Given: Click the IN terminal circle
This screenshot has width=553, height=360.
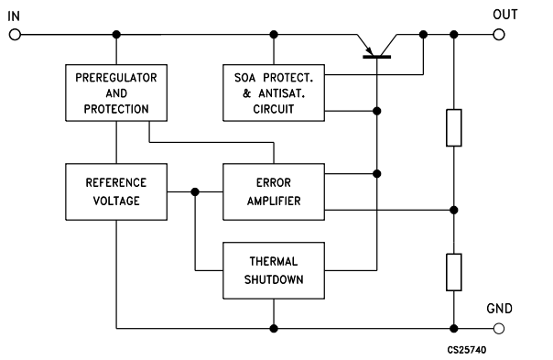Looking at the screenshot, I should click(x=15, y=35).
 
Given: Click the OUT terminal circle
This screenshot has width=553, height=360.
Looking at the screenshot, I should click(x=499, y=35).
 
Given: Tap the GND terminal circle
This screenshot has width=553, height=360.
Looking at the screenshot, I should click(x=499, y=328).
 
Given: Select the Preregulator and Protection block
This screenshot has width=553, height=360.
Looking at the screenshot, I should click(x=116, y=92).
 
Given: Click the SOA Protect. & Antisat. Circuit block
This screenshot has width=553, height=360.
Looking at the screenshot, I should click(x=274, y=93).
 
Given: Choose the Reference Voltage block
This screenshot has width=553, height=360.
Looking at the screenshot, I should click(x=116, y=191).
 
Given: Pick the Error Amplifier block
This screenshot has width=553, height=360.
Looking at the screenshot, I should click(x=274, y=191).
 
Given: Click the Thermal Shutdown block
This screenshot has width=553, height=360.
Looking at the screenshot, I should click(x=274, y=270).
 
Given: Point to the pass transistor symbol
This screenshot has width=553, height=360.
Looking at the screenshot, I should click(x=376, y=46).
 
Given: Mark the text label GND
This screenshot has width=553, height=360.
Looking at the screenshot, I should click(x=499, y=308).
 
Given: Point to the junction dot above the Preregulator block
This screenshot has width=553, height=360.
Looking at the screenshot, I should click(x=116, y=35).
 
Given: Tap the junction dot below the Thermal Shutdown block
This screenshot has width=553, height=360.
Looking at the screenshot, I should click(x=274, y=328).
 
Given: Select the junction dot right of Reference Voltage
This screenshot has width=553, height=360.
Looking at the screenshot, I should click(x=195, y=191).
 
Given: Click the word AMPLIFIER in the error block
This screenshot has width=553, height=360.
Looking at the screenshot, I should click(x=274, y=201).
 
